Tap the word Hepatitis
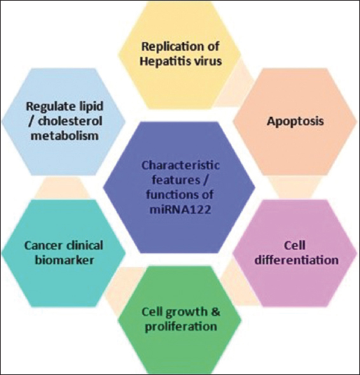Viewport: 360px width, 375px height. click(163, 61)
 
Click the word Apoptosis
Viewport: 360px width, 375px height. click(295, 122)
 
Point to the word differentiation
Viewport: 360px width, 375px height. click(296, 260)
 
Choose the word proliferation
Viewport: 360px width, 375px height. click(181, 327)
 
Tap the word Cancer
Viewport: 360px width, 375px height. click(41, 246)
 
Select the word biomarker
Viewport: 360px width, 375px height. click(64, 260)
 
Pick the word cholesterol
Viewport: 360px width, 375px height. click(70, 121)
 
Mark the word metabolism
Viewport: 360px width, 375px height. click(65, 136)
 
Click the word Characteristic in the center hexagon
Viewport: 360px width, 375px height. click(181, 166)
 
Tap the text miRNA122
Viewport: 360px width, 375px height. click(181, 209)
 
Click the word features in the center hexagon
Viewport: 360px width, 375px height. click(176, 180)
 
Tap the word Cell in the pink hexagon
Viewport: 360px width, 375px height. click(294, 245)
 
